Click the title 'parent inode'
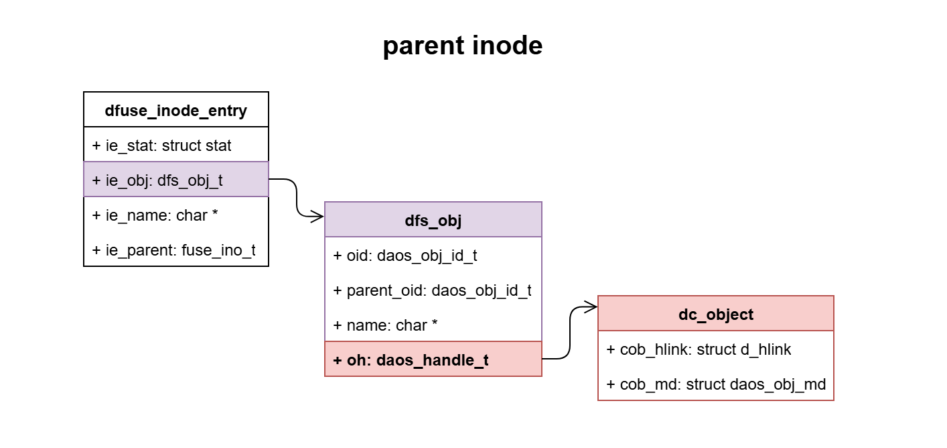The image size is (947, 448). [462, 46]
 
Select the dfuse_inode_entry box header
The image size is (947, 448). [176, 110]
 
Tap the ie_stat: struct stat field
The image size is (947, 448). [176, 145]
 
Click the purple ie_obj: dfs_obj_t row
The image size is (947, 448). [176, 180]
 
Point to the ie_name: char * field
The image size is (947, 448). [176, 215]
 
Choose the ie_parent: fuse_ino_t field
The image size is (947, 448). [176, 249]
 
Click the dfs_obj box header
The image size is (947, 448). [433, 220]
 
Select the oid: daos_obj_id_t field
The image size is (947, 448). [433, 255]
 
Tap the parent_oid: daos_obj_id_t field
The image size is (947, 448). [433, 290]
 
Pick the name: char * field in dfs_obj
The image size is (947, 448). [433, 325]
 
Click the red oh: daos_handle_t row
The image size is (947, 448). [433, 359]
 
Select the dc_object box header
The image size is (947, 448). [716, 314]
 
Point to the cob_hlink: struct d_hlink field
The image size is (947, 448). [716, 349]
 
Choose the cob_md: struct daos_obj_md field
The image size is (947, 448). [716, 384]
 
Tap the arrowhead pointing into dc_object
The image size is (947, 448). [591, 307]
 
